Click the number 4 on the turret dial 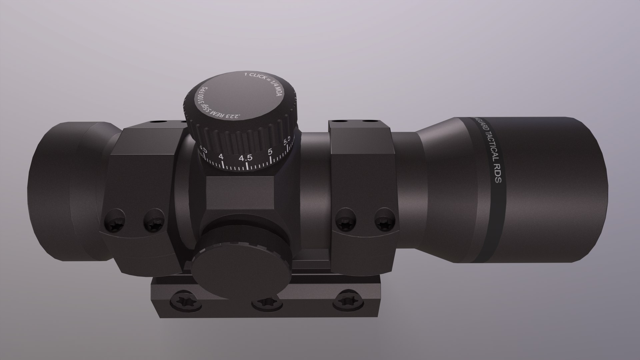click(x=221, y=156)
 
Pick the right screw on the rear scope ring click(x=154, y=224)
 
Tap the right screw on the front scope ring click(x=383, y=222)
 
